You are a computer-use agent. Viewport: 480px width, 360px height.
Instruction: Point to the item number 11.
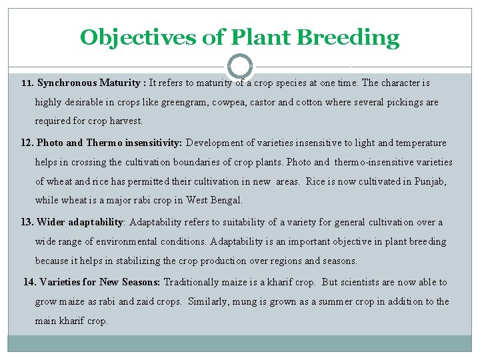27,84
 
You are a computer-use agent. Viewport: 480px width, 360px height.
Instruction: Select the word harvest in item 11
127,122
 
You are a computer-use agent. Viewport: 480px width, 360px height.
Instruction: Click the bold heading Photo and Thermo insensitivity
109,143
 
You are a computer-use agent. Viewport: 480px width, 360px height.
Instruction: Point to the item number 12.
27,143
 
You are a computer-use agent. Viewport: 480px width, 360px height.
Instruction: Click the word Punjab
433,181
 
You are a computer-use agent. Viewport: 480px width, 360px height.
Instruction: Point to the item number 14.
29,282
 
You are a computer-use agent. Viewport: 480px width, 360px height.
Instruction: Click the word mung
245,301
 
